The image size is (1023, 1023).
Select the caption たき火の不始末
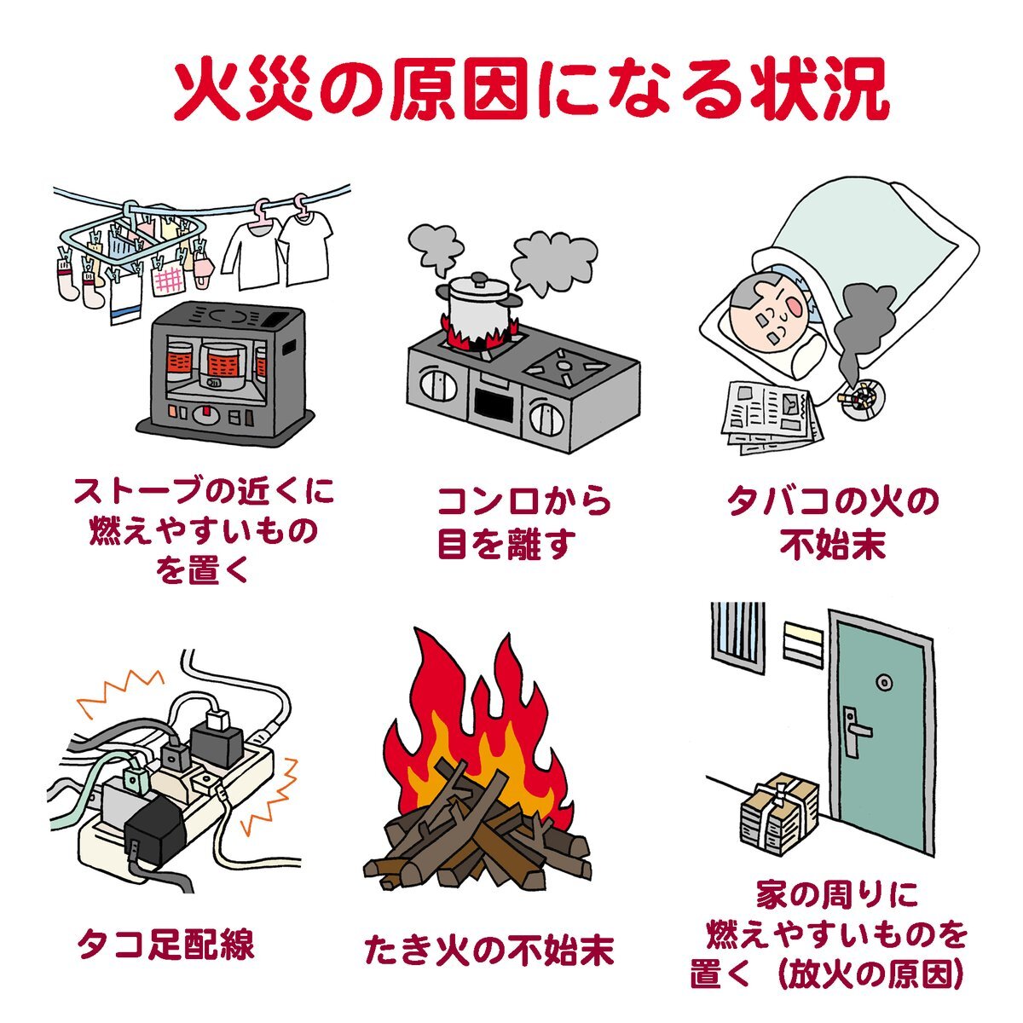click(x=488, y=950)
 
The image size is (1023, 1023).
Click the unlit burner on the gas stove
click(x=564, y=366)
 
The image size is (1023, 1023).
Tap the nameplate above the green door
click(x=803, y=639)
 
